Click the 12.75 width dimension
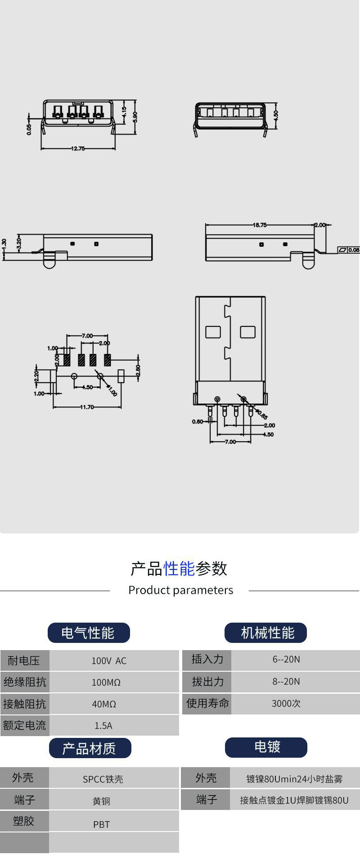78,149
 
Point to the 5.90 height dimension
135,116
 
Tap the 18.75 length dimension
260,225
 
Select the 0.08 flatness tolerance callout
349,249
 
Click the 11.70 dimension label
87,407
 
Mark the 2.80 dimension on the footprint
138,370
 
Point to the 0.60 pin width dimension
197,422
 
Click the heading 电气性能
89,633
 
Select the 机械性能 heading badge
265,633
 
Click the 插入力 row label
207,659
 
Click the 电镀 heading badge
266,747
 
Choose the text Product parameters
181,590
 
